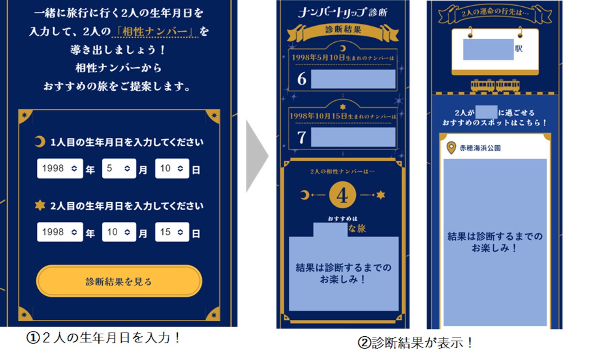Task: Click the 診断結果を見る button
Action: point(119,281)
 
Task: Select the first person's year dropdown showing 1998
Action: point(60,169)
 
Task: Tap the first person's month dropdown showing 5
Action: point(119,169)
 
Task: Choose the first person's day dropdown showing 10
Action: point(172,169)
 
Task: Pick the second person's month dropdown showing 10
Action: point(119,232)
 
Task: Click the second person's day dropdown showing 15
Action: point(172,232)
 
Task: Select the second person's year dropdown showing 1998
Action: point(60,232)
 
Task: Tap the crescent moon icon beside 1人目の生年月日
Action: point(39,141)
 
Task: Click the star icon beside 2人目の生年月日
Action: point(40,205)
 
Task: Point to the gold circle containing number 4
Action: point(342,195)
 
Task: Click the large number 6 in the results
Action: point(302,79)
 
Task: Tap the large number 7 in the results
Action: point(302,138)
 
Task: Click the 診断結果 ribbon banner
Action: point(343,30)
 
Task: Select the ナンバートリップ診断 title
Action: point(343,12)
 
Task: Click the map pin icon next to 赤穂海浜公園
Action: point(451,148)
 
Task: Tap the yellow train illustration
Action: point(495,85)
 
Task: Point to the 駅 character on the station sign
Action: point(519,49)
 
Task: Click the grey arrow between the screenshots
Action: point(256,156)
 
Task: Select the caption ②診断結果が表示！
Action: point(415,343)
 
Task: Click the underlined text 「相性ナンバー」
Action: point(154,31)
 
